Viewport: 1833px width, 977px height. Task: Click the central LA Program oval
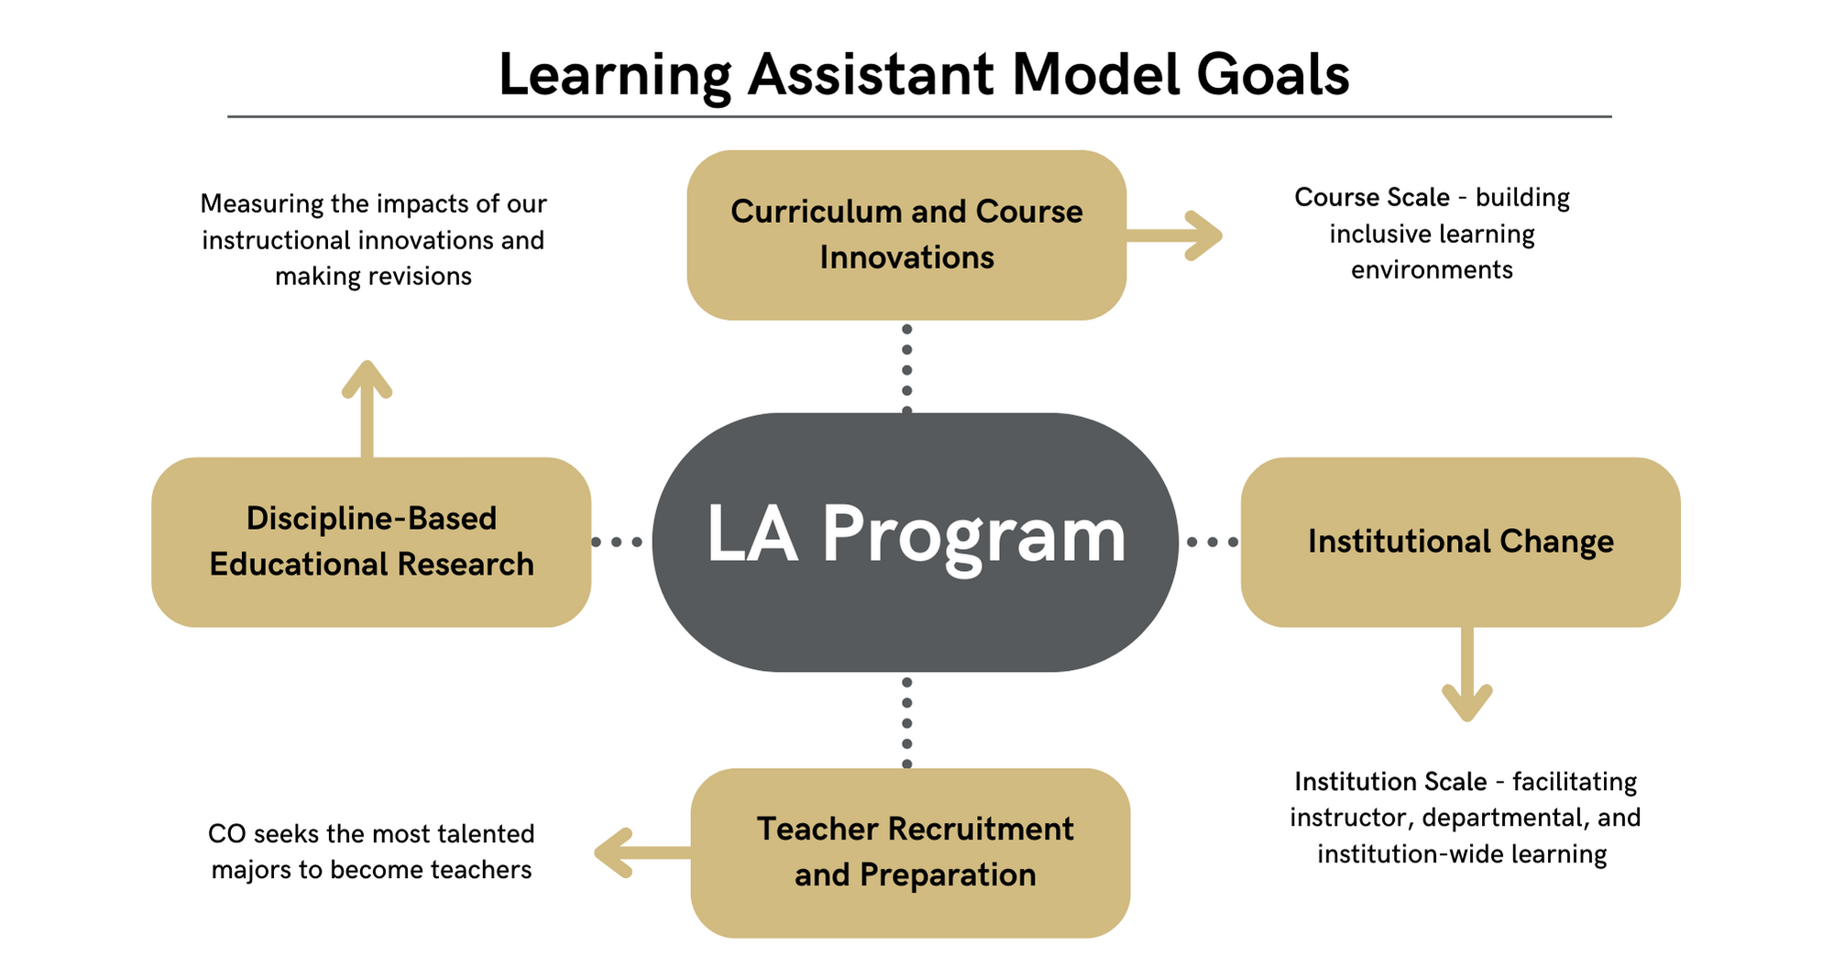[x=915, y=542]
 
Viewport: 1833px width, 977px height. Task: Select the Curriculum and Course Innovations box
[x=906, y=235]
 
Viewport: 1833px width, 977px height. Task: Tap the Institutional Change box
[x=1460, y=542]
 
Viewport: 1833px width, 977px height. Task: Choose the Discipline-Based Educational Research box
[x=371, y=542]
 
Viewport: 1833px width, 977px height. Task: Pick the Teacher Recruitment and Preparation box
[x=910, y=852]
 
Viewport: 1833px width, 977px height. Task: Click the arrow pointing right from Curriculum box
[x=1174, y=236]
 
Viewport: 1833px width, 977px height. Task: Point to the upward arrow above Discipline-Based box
[x=368, y=409]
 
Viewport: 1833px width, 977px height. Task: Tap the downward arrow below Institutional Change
[x=1467, y=675]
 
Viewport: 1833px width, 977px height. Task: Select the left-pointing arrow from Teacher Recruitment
[x=642, y=853]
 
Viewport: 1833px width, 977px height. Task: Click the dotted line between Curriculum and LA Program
[x=906, y=369]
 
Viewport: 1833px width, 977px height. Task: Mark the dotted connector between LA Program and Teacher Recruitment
[x=906, y=722]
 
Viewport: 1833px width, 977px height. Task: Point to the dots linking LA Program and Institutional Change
[x=1212, y=543]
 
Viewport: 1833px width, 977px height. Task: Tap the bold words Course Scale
[x=1372, y=197]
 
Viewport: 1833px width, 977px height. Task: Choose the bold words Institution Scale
[x=1390, y=781]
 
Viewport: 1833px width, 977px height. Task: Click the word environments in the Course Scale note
[x=1432, y=269]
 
